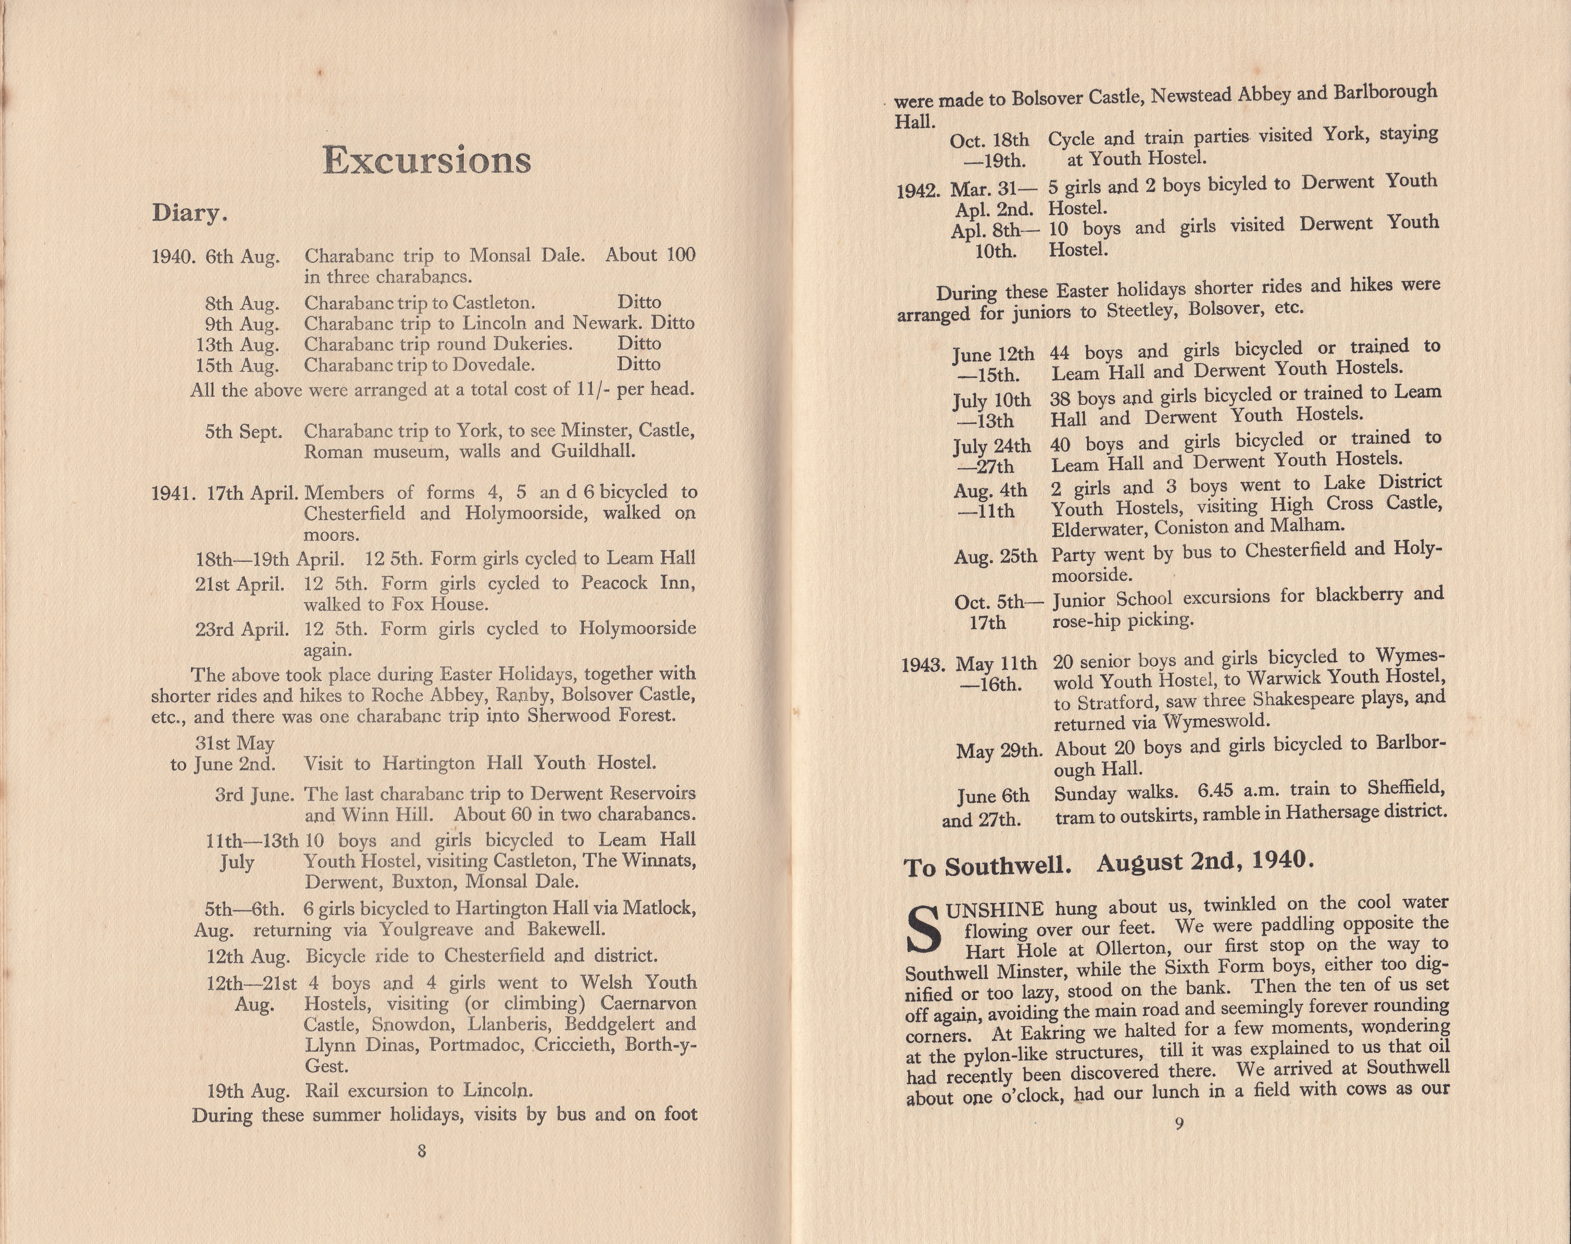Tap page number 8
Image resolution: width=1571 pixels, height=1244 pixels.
coord(422,1152)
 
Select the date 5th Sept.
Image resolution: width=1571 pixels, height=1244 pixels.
coord(242,432)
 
